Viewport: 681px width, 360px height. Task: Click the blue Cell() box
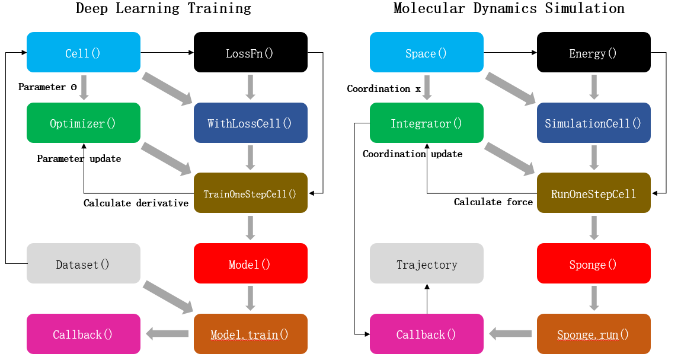point(84,53)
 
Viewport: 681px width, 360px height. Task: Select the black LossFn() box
point(250,53)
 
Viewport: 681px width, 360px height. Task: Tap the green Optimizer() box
point(84,123)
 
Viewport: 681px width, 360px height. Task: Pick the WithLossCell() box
point(250,123)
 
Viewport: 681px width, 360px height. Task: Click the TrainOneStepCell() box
point(250,193)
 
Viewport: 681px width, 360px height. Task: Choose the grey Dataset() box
point(84,263)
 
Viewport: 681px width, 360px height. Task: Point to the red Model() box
point(250,263)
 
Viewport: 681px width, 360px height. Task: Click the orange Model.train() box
point(250,334)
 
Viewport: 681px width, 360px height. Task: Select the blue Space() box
point(426,53)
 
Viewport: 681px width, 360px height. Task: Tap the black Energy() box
point(593,53)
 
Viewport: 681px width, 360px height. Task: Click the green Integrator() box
point(426,123)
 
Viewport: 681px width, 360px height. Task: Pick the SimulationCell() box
point(593,123)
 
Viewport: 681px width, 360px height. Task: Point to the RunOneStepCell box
point(593,193)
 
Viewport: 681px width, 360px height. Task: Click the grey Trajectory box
point(426,263)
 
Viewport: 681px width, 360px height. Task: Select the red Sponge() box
point(593,263)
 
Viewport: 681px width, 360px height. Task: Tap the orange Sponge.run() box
point(593,334)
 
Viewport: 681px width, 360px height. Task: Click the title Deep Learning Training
point(164,8)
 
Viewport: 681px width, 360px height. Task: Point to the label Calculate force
point(493,202)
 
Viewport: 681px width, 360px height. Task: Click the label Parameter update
point(79,159)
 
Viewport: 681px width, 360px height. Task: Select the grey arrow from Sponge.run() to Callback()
point(510,334)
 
